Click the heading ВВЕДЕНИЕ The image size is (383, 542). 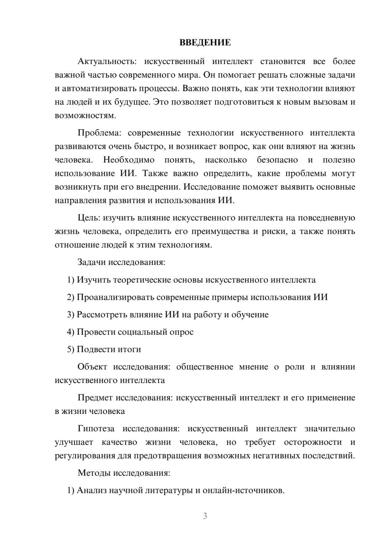tap(205, 43)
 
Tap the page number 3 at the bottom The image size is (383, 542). tap(205, 516)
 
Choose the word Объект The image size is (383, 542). tap(92, 367)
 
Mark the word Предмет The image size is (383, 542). tap(94, 398)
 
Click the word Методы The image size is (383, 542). tap(93, 473)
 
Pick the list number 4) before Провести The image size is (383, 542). tap(70, 332)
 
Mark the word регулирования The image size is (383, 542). tap(85, 456)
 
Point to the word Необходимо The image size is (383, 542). tap(129, 160)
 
